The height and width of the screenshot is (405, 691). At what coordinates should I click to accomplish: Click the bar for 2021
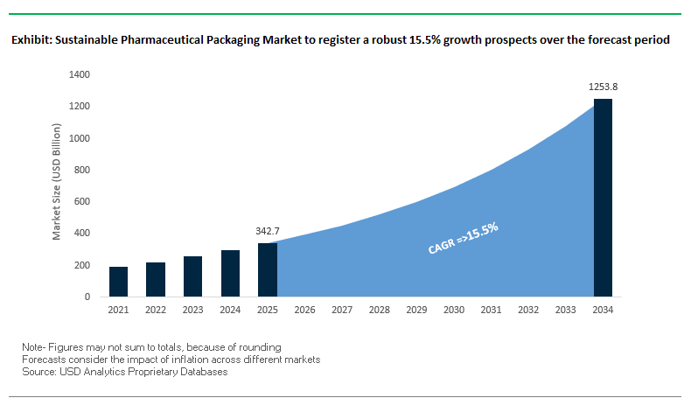click(x=119, y=282)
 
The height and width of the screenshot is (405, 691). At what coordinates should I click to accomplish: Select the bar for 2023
click(x=193, y=276)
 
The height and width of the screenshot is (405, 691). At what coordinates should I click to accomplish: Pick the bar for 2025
click(x=268, y=269)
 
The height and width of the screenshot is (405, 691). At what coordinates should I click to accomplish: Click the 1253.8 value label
click(x=604, y=87)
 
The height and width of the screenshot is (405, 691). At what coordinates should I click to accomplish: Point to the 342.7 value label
click(x=268, y=232)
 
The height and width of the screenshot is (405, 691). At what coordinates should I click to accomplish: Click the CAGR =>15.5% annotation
click(x=463, y=238)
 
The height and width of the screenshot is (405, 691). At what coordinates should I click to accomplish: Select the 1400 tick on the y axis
click(x=79, y=75)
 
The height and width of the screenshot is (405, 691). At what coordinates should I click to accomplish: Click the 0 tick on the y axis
click(x=87, y=297)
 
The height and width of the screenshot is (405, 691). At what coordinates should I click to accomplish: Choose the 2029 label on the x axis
click(x=416, y=311)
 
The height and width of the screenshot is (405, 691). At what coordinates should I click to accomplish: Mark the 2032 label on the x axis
click(x=528, y=311)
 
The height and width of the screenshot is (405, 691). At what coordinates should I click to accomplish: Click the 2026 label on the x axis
click(x=304, y=311)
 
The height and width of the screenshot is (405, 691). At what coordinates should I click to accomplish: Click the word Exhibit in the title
click(x=31, y=41)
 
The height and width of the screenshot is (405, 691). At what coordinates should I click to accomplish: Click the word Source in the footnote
click(x=38, y=372)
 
